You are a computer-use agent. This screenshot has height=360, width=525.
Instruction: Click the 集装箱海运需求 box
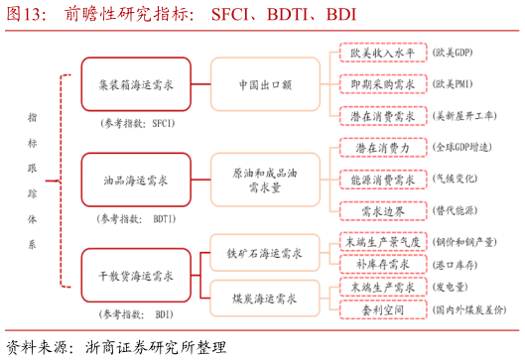point(136,85)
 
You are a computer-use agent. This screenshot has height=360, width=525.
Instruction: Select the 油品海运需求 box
point(136,180)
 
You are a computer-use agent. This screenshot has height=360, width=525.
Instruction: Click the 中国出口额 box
point(264,85)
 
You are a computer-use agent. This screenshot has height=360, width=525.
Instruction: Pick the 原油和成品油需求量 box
point(264,180)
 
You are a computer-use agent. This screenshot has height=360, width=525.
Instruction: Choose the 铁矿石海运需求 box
point(265,254)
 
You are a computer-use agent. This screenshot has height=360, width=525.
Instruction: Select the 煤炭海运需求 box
point(265,297)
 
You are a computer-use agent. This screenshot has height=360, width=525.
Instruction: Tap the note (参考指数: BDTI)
point(136,218)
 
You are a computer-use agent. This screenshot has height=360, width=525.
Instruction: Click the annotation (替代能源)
point(461,211)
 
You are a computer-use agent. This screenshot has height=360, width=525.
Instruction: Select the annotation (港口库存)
point(461,265)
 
